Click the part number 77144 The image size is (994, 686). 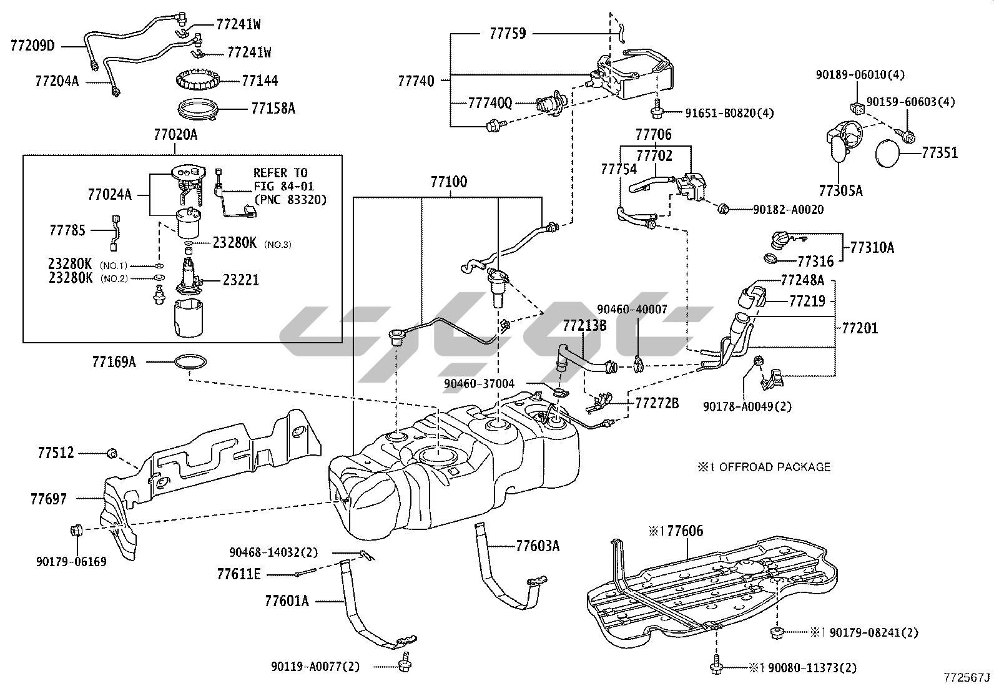tap(260, 81)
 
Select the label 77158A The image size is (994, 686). tap(273, 109)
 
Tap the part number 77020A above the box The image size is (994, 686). tap(175, 134)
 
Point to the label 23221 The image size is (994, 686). tap(240, 280)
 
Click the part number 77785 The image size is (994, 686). tap(67, 230)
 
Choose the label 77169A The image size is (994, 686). tap(114, 361)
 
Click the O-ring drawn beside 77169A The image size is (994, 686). tap(191, 361)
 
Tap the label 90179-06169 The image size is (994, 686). tap(71, 562)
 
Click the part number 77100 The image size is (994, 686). tap(448, 182)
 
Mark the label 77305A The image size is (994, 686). tap(840, 190)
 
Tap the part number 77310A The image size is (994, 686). tap(872, 248)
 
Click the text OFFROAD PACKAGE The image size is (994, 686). tap(774, 466)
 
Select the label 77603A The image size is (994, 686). tap(538, 546)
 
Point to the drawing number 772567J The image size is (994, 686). tap(967, 677)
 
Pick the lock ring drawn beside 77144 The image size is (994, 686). tap(199, 81)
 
